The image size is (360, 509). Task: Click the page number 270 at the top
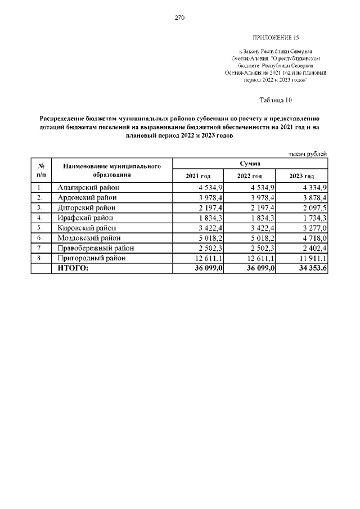[179, 17]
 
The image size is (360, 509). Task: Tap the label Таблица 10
[276, 100]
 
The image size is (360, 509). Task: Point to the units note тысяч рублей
[307, 154]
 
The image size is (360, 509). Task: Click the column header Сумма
[249, 163]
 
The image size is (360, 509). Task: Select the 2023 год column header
[301, 176]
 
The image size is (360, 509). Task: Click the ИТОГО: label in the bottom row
[73, 268]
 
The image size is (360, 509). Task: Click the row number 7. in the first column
[39, 248]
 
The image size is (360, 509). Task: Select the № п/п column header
[40, 170]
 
